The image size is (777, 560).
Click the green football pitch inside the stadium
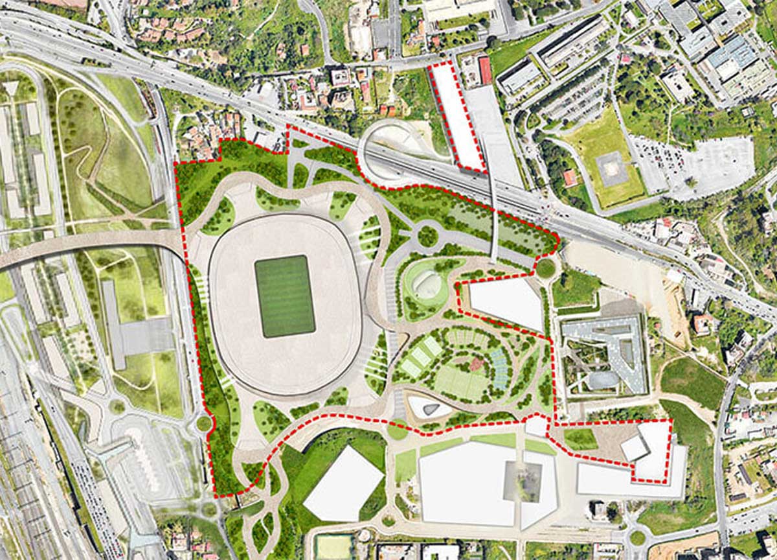(284, 296)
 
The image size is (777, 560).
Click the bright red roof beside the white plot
(484, 70)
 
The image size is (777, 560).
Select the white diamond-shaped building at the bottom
(343, 483)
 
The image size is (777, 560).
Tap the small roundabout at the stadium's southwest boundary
(204, 423)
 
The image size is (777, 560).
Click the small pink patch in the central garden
(476, 364)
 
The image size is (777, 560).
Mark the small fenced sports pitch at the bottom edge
(333, 546)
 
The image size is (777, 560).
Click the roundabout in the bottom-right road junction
(638, 537)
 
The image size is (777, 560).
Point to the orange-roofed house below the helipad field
(570, 177)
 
